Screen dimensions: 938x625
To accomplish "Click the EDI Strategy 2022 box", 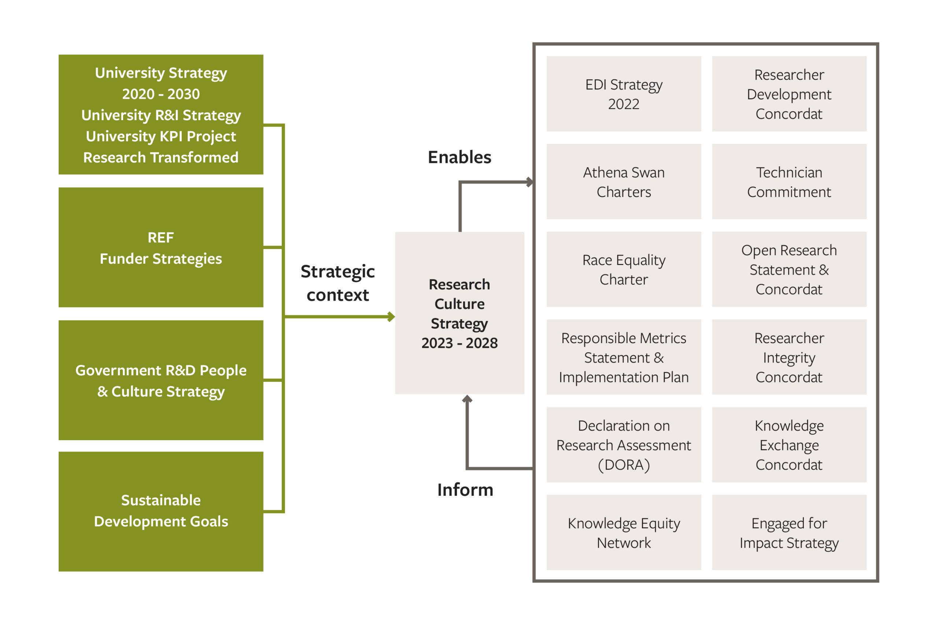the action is click(x=624, y=94).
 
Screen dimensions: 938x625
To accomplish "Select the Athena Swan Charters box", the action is click(x=624, y=181).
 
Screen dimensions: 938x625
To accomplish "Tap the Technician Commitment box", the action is click(x=789, y=181).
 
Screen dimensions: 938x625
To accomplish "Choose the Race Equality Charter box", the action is click(x=624, y=269).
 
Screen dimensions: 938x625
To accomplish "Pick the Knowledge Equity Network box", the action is click(x=624, y=532).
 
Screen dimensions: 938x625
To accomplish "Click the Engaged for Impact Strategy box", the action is click(x=789, y=532).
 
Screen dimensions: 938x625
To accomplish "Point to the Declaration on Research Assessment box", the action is click(x=624, y=445).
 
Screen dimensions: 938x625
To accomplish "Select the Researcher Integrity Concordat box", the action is click(x=789, y=357).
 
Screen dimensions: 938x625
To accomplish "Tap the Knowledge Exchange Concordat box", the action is click(x=789, y=445).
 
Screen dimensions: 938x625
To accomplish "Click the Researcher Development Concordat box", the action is click(x=789, y=94).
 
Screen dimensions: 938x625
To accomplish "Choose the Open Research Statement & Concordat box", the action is click(x=789, y=269).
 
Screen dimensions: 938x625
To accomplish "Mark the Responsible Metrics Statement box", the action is click(x=624, y=357).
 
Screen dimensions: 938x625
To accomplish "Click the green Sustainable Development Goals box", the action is click(x=161, y=511).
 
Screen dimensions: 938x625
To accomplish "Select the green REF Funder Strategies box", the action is click(x=161, y=248).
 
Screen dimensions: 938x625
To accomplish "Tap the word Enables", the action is click(x=459, y=157).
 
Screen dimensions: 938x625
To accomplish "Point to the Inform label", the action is click(x=465, y=490).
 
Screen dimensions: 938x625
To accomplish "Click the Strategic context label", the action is click(x=338, y=283).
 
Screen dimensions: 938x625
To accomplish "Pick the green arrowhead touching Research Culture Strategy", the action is click(x=391, y=317).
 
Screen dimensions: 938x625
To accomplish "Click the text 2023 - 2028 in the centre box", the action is click(x=459, y=343).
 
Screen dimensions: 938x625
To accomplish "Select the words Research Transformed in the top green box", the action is click(x=161, y=157).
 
